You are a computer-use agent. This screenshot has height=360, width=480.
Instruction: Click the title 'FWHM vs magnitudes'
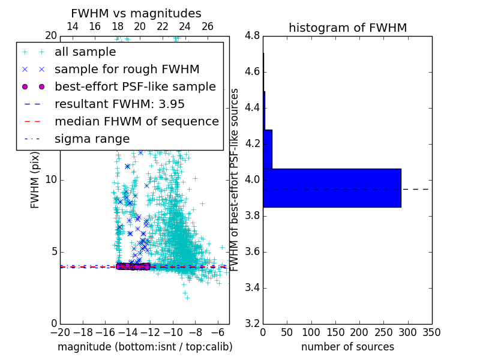136,13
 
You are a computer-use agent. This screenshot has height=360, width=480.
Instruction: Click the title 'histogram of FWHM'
347,28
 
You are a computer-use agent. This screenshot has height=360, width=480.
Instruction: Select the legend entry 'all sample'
85,52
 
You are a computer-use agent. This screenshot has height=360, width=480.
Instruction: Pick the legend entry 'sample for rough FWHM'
127,70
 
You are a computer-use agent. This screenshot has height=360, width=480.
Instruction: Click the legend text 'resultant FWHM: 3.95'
119,104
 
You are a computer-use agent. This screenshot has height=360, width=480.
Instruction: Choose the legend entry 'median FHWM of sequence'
136,121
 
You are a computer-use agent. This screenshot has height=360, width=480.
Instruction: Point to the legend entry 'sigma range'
92,139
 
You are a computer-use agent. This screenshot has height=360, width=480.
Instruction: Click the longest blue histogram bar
332,188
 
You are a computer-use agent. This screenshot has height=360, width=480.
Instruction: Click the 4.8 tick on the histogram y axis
252,36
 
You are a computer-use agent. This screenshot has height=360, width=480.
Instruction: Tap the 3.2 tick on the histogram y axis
252,323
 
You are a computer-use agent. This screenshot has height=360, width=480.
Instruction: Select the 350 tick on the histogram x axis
431,332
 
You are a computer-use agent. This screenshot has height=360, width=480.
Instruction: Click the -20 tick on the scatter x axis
60,332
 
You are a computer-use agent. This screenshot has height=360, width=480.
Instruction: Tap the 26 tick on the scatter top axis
208,26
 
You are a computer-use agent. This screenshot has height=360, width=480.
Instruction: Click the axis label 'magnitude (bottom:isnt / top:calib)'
145,347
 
